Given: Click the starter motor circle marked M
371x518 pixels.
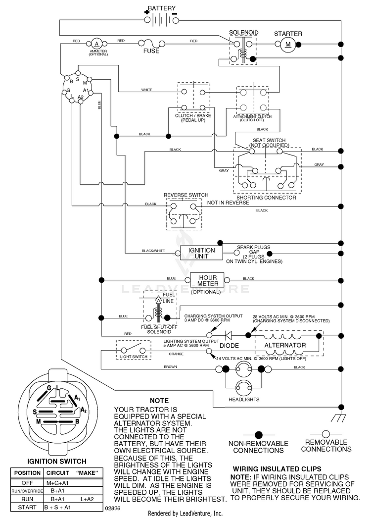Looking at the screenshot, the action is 288,44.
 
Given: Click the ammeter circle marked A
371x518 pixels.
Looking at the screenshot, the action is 97,44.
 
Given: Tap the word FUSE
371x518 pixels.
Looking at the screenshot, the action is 151,51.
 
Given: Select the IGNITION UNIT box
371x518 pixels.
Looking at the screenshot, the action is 201,254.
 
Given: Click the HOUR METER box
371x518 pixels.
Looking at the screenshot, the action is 208,280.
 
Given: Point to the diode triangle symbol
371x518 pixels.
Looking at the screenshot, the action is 228,335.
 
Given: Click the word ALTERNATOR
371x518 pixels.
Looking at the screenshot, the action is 285,345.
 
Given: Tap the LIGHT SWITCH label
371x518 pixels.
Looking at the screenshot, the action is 134,357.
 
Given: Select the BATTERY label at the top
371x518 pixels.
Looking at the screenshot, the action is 162,8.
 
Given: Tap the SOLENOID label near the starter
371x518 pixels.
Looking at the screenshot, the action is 243,32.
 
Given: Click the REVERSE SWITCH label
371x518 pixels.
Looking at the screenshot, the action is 186,195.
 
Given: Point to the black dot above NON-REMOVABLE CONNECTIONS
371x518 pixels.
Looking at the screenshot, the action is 259,435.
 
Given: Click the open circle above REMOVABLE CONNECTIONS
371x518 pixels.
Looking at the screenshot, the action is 326,434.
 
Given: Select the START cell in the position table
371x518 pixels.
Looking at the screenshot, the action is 27,507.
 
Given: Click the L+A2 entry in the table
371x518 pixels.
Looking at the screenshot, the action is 87,499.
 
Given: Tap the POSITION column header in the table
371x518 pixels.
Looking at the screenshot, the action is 27,473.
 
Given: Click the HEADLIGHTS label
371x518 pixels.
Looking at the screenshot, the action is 244,400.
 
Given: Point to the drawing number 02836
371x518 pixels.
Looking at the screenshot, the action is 113,508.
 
